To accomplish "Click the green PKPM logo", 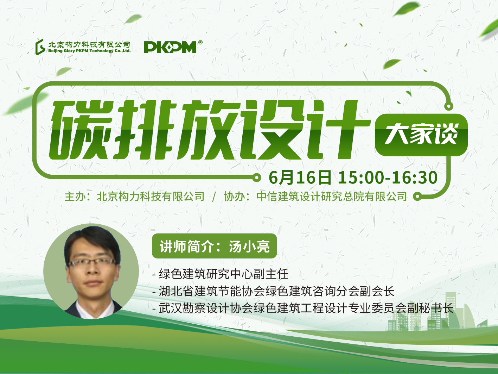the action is [170, 47].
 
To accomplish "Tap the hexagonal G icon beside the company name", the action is [40, 47].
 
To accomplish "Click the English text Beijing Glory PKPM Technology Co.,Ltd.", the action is [89, 51].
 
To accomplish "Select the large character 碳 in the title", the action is [81, 130].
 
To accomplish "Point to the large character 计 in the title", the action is [338, 130].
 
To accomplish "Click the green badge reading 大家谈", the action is [421, 135].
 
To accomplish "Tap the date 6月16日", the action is [300, 177].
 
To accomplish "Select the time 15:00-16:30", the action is [388, 177].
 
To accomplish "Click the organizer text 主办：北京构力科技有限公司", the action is [134, 197].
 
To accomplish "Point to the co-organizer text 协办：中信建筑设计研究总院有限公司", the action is [315, 197].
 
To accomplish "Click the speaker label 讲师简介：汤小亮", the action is [215, 246].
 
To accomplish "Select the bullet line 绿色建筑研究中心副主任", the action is [220, 274].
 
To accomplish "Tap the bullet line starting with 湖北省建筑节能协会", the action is [273, 291].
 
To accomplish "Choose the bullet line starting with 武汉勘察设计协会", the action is [303, 308].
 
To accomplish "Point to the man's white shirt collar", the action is [95, 309].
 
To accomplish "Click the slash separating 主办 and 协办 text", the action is [214, 197].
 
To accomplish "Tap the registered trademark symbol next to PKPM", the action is [200, 43].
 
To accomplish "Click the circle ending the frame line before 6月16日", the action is [257, 177].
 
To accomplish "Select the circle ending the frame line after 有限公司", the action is [417, 197].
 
